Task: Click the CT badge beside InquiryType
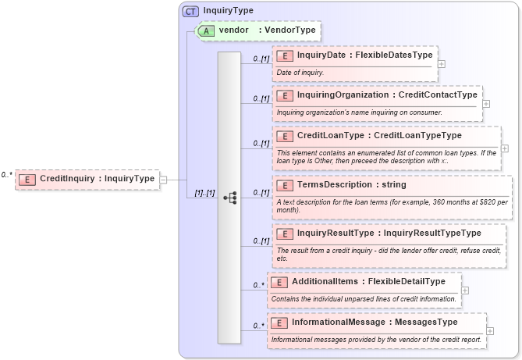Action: click(x=190, y=12)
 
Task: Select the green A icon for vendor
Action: click(x=206, y=30)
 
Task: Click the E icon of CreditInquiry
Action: click(x=26, y=179)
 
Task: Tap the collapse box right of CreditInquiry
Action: click(x=163, y=179)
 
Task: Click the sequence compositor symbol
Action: click(x=229, y=198)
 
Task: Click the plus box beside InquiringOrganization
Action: click(x=486, y=103)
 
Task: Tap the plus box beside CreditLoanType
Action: click(x=504, y=148)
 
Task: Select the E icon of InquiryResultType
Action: click(x=285, y=233)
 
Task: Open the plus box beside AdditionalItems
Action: click(x=465, y=290)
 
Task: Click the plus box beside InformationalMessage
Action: click(x=491, y=330)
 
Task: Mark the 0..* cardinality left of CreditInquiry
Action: click(x=7, y=175)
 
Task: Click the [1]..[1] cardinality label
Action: click(x=200, y=193)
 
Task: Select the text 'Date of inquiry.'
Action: click(x=300, y=73)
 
